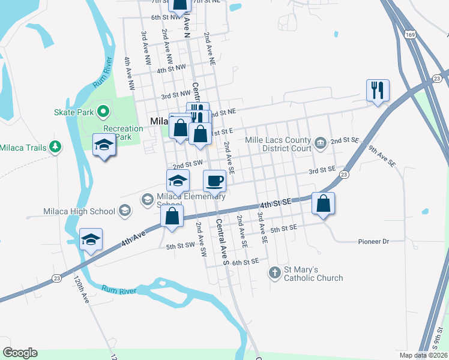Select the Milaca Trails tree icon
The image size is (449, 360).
point(55,146)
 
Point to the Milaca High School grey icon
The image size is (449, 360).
point(125,211)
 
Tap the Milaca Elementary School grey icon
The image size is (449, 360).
point(147,199)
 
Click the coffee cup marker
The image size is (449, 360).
point(214,180)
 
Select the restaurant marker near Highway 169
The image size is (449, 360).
point(378,91)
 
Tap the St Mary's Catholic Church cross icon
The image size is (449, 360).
point(275,273)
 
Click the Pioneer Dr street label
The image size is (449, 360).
point(374,241)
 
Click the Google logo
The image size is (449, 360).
point(20,353)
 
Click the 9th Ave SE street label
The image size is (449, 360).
point(382,155)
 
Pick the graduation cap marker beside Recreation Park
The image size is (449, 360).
point(104,145)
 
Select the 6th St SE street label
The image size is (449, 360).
point(245,262)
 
